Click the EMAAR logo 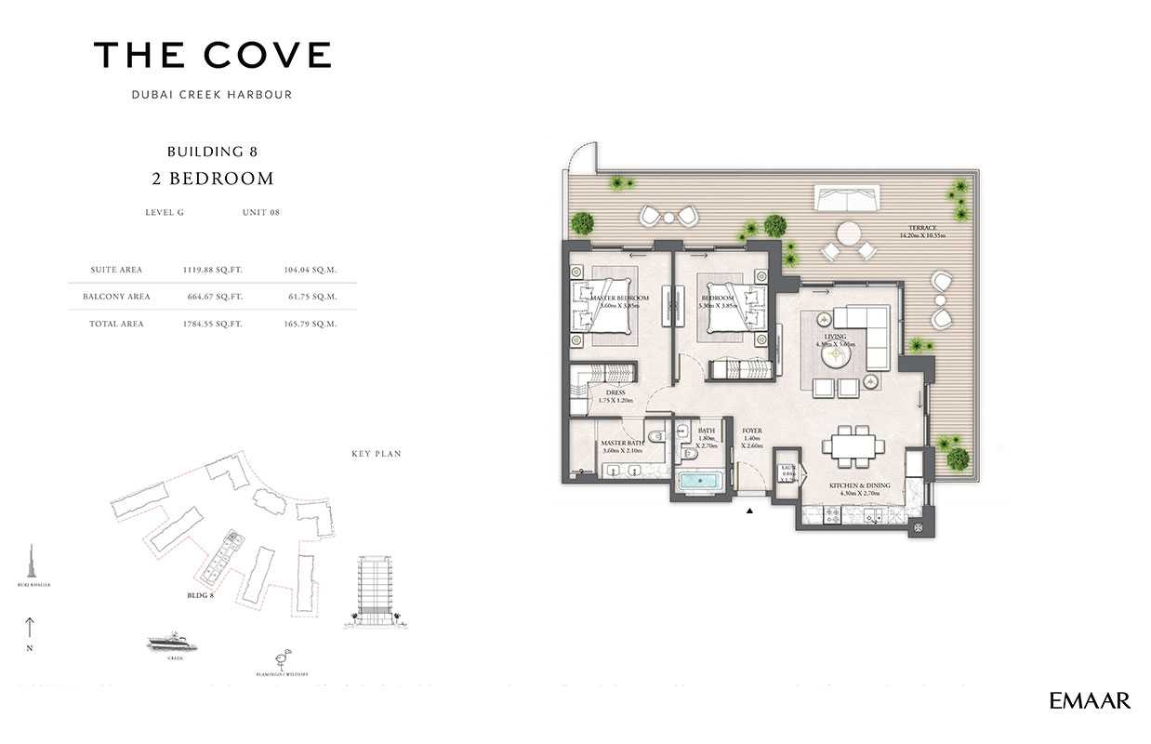pyautogui.click(x=1090, y=701)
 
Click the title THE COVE pyautogui.click(x=213, y=56)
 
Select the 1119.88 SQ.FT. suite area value pyautogui.click(x=213, y=270)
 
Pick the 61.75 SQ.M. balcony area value pyautogui.click(x=310, y=297)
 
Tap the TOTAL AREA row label pyautogui.click(x=117, y=324)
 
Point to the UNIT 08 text pyautogui.click(x=261, y=212)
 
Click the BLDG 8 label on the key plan pyautogui.click(x=200, y=594)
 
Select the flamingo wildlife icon pyautogui.click(x=280, y=658)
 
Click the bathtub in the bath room pyautogui.click(x=699, y=483)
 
